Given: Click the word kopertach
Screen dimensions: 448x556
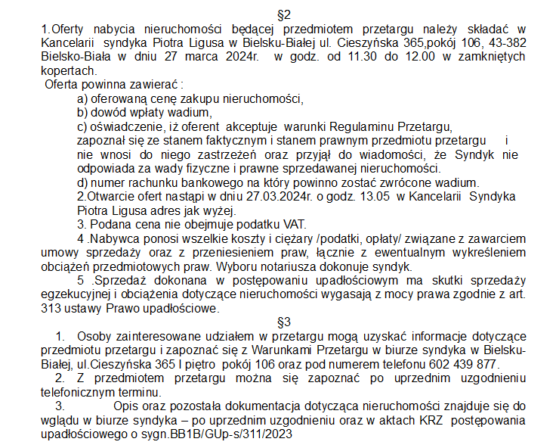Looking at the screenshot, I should [66, 70].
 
